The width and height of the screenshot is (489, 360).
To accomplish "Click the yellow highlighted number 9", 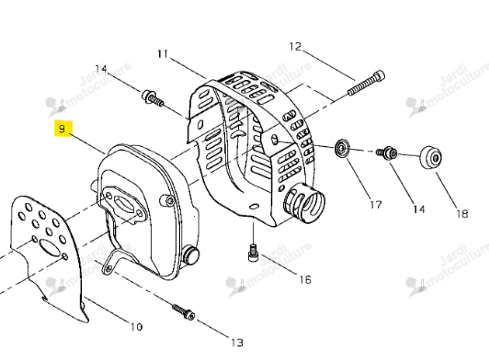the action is pyautogui.click(x=63, y=129).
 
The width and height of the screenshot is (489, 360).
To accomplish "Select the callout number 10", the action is pyautogui.click(x=136, y=327).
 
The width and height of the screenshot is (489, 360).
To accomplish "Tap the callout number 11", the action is pyautogui.click(x=163, y=54).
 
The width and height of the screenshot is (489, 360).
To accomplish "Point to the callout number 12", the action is pyautogui.click(x=295, y=47).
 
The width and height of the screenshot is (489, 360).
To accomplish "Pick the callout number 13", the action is pyautogui.click(x=237, y=343).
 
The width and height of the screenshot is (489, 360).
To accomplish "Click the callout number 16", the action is pyautogui.click(x=305, y=279).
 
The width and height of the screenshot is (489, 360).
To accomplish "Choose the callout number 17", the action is pyautogui.click(x=376, y=205).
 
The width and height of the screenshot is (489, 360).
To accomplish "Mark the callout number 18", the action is pyautogui.click(x=462, y=214).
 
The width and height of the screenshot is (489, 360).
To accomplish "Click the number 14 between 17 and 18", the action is pyautogui.click(x=419, y=209).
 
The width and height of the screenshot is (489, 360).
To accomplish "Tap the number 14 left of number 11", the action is pyautogui.click(x=101, y=69).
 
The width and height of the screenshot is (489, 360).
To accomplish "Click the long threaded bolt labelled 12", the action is pyautogui.click(x=367, y=84).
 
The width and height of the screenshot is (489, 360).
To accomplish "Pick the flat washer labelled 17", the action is pyautogui.click(x=342, y=149).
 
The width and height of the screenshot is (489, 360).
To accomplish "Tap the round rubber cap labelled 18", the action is pyautogui.click(x=431, y=157).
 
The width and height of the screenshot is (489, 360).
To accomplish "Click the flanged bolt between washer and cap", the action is pyautogui.click(x=387, y=152).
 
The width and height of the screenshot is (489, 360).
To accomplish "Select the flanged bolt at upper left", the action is pyautogui.click(x=153, y=97).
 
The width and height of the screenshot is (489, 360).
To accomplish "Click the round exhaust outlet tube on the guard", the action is pyautogui.click(x=304, y=202).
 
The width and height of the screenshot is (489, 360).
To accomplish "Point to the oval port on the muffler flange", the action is pyautogui.click(x=122, y=203).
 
